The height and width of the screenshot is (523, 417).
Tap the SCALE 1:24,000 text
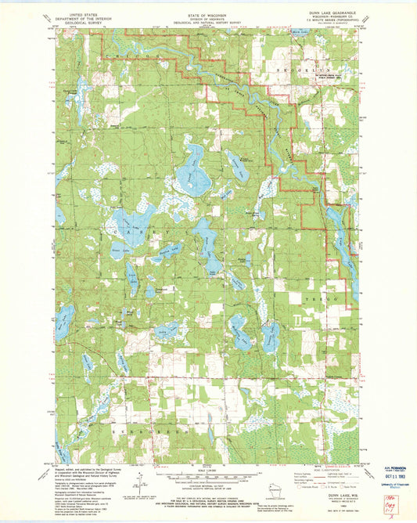coord(200,470)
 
